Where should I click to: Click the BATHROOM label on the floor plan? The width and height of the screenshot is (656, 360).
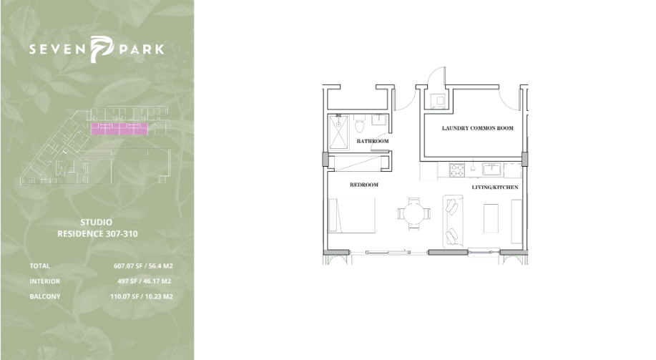coord(372,141)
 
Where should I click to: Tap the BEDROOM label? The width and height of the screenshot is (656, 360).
coord(364,185)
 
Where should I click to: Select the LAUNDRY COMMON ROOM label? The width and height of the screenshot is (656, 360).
coord(478,128)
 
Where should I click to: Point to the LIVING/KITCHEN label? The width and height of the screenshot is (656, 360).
coord(495,187)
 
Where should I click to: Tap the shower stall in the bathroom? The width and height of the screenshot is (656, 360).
coord(338,132)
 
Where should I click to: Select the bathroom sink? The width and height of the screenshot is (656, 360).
coord(379,120)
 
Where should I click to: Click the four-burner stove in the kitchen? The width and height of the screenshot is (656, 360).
coord(457,170)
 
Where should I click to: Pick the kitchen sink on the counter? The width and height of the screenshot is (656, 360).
coord(492,170)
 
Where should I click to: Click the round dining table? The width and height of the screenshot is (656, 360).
coord(414,213)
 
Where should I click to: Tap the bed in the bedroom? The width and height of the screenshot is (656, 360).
coord(352,215)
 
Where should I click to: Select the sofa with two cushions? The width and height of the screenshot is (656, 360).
coord(453,220)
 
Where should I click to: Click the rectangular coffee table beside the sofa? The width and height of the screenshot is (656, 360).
coord(491,218)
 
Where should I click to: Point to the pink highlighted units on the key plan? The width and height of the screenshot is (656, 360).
coord(119,129)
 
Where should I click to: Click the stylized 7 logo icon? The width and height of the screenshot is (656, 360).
coord(102,49)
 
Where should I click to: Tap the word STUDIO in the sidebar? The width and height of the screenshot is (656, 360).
coord(97,223)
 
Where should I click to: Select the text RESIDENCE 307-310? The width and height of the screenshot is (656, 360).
coord(97,234)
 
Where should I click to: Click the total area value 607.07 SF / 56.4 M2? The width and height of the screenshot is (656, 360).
coord(143,266)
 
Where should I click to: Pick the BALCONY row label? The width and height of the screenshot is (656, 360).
coord(45,296)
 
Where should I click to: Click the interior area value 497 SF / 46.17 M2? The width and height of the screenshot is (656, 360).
coord(145,281)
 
